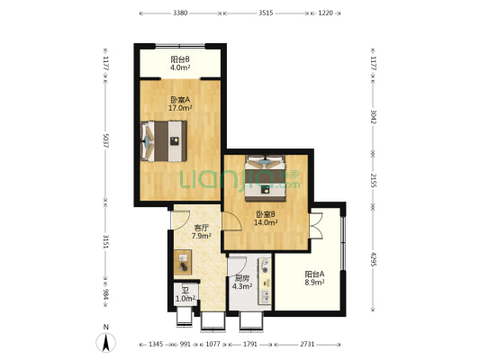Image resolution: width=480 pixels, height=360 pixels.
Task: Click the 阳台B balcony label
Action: pos(180,63)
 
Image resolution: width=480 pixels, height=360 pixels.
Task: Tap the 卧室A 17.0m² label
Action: pos(180,103)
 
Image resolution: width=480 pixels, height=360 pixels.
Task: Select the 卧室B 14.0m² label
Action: pos(266,219)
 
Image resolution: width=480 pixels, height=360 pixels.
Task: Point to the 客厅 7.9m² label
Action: pos(202,231)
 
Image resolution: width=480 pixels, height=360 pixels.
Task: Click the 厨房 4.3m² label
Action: pos(242,283)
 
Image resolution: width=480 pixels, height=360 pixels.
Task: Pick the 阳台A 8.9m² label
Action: pos(314,278)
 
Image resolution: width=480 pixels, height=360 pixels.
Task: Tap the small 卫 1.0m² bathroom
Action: pos(186,294)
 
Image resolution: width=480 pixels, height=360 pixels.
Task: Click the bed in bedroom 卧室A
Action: pos(164,141)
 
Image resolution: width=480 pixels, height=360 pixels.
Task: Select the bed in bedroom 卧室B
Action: pos(265,178)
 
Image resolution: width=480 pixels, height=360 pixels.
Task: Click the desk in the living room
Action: pos(183,263)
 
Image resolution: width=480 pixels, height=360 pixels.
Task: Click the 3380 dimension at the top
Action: pos(180,13)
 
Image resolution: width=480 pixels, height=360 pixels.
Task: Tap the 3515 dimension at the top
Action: pos(266,13)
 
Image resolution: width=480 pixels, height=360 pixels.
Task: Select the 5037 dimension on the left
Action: pos(105,140)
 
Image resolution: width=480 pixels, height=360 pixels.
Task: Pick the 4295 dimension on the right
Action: pos(373,259)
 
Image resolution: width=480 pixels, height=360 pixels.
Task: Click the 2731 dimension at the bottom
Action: pos(307,344)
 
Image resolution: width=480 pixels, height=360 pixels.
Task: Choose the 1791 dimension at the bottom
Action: pos(250,344)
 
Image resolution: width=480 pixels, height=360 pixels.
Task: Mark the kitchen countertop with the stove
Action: pos(265,282)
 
